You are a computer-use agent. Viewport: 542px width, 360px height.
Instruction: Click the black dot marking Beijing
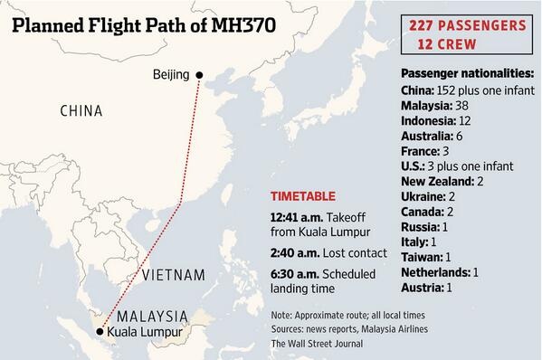click(x=200, y=75)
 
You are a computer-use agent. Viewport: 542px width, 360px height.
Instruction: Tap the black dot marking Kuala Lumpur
click(x=100, y=332)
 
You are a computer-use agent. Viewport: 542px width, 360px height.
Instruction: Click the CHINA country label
click(x=81, y=111)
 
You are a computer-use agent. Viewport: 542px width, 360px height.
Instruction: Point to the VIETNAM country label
click(x=173, y=274)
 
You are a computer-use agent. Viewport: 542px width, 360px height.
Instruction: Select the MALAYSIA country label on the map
click(x=151, y=317)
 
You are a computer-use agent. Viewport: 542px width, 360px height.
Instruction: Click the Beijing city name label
click(x=171, y=75)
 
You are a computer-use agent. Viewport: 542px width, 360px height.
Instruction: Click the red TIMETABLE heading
click(x=303, y=196)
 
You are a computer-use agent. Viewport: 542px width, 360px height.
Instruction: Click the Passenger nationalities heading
click(x=466, y=74)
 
